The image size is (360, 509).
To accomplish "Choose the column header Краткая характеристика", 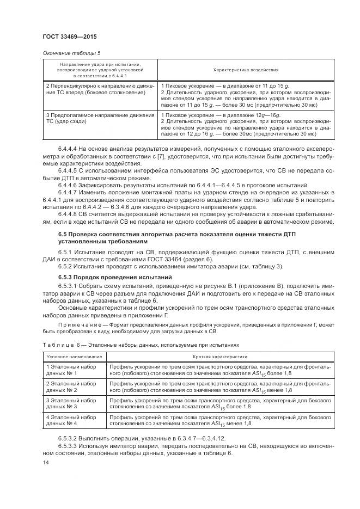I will (x=227, y=356).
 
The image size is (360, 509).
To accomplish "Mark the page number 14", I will (x=45, y=462).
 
